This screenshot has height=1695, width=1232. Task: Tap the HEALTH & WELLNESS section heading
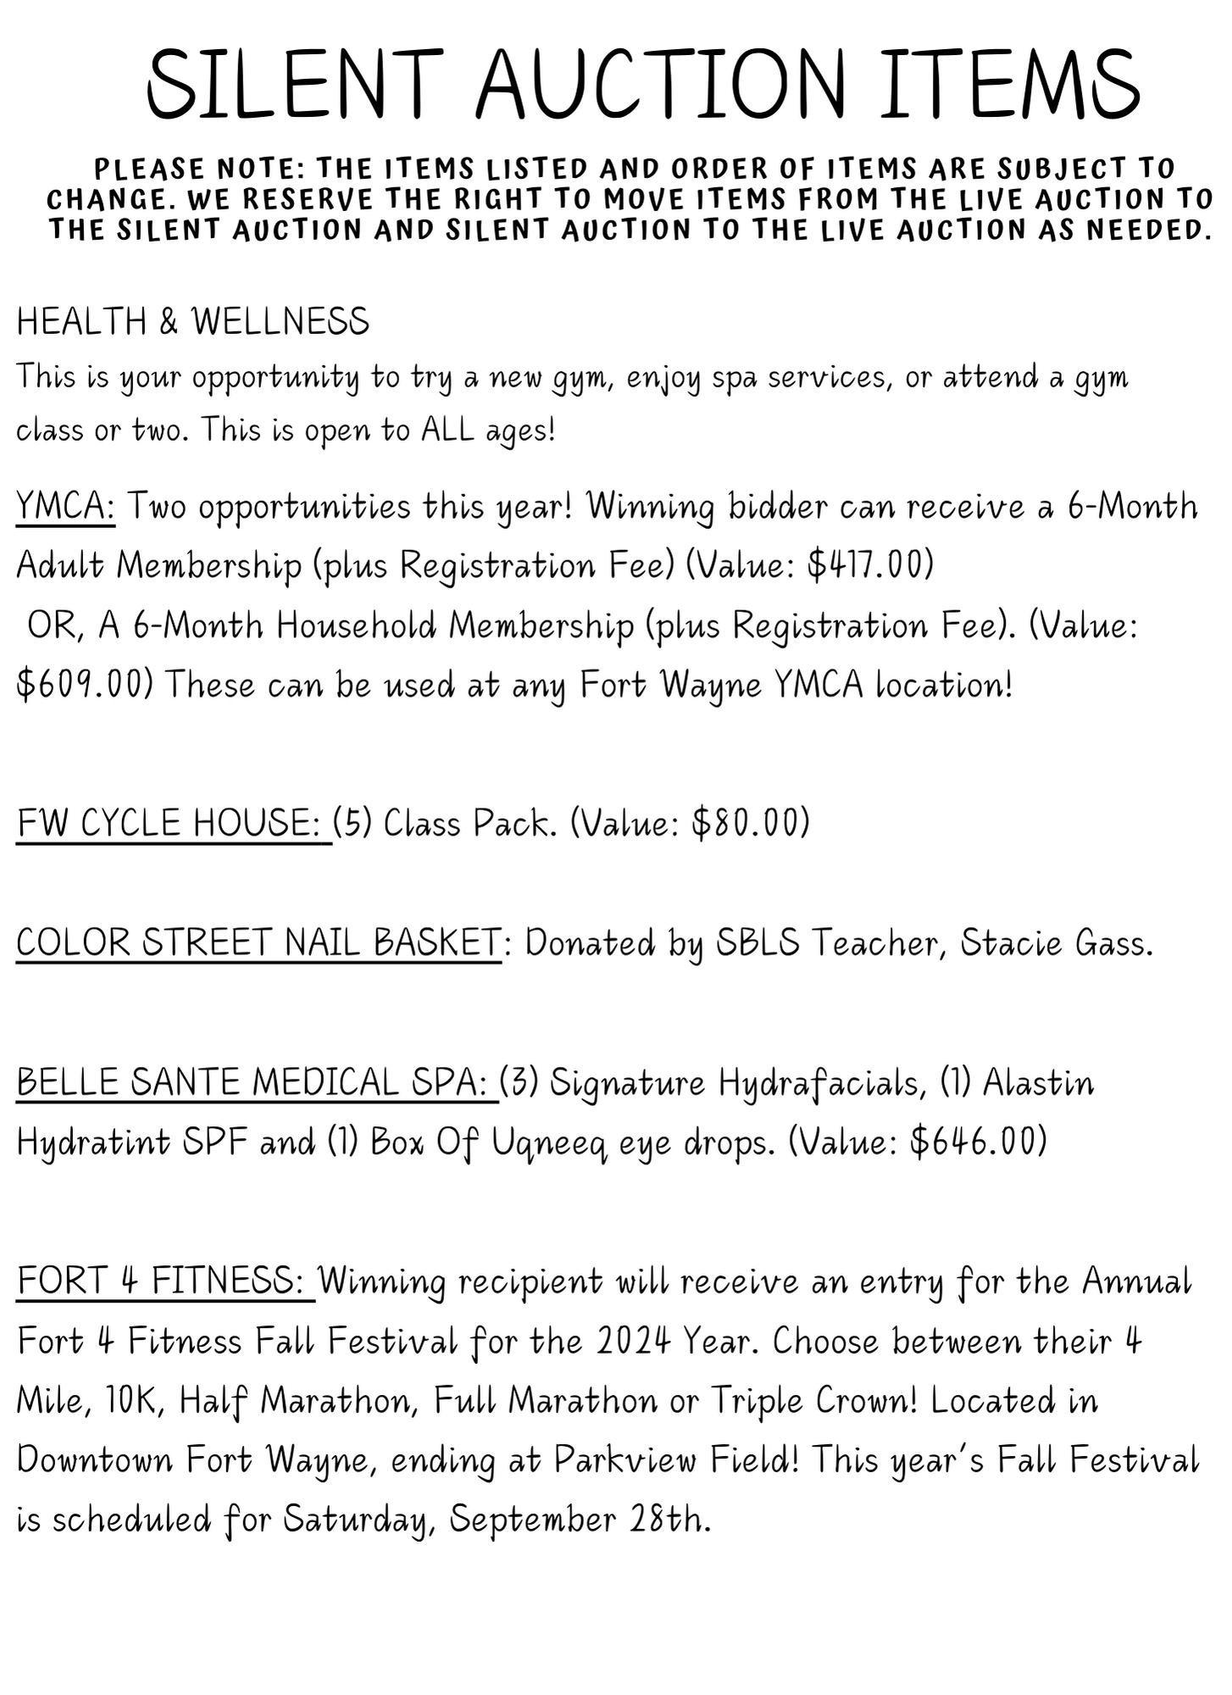pyautogui.click(x=193, y=322)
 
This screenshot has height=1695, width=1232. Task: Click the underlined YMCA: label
pyautogui.click(x=66, y=508)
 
